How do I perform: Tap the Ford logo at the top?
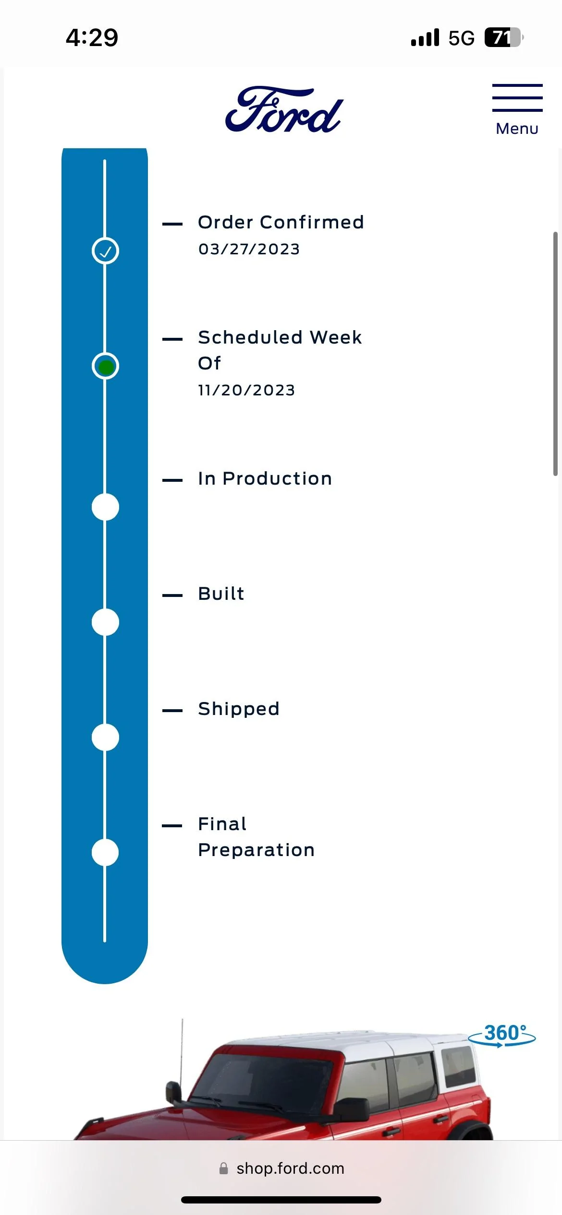click(x=284, y=110)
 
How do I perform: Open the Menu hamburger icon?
click(x=517, y=98)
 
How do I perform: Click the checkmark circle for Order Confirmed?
click(x=105, y=250)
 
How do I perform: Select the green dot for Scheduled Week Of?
click(x=105, y=367)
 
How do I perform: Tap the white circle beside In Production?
click(x=105, y=507)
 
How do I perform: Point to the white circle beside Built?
click(x=105, y=622)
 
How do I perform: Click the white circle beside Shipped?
click(x=105, y=737)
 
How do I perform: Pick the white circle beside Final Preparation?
click(x=105, y=852)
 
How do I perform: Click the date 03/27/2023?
click(x=249, y=249)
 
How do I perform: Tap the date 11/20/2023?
click(x=246, y=390)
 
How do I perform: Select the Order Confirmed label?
click(x=281, y=222)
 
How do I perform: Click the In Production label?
click(x=265, y=478)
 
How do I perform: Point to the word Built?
click(x=221, y=594)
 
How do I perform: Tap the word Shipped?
click(x=239, y=709)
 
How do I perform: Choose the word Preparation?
click(x=257, y=850)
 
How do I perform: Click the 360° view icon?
click(x=502, y=1035)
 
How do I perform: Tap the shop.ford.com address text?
click(x=290, y=1168)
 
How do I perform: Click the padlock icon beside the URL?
click(x=223, y=1168)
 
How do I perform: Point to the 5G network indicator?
click(x=461, y=38)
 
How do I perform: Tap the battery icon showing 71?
click(x=503, y=37)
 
